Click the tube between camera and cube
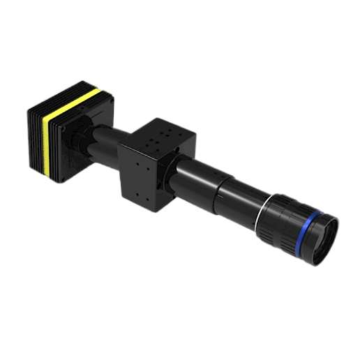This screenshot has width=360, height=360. pyautogui.click(x=112, y=140)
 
